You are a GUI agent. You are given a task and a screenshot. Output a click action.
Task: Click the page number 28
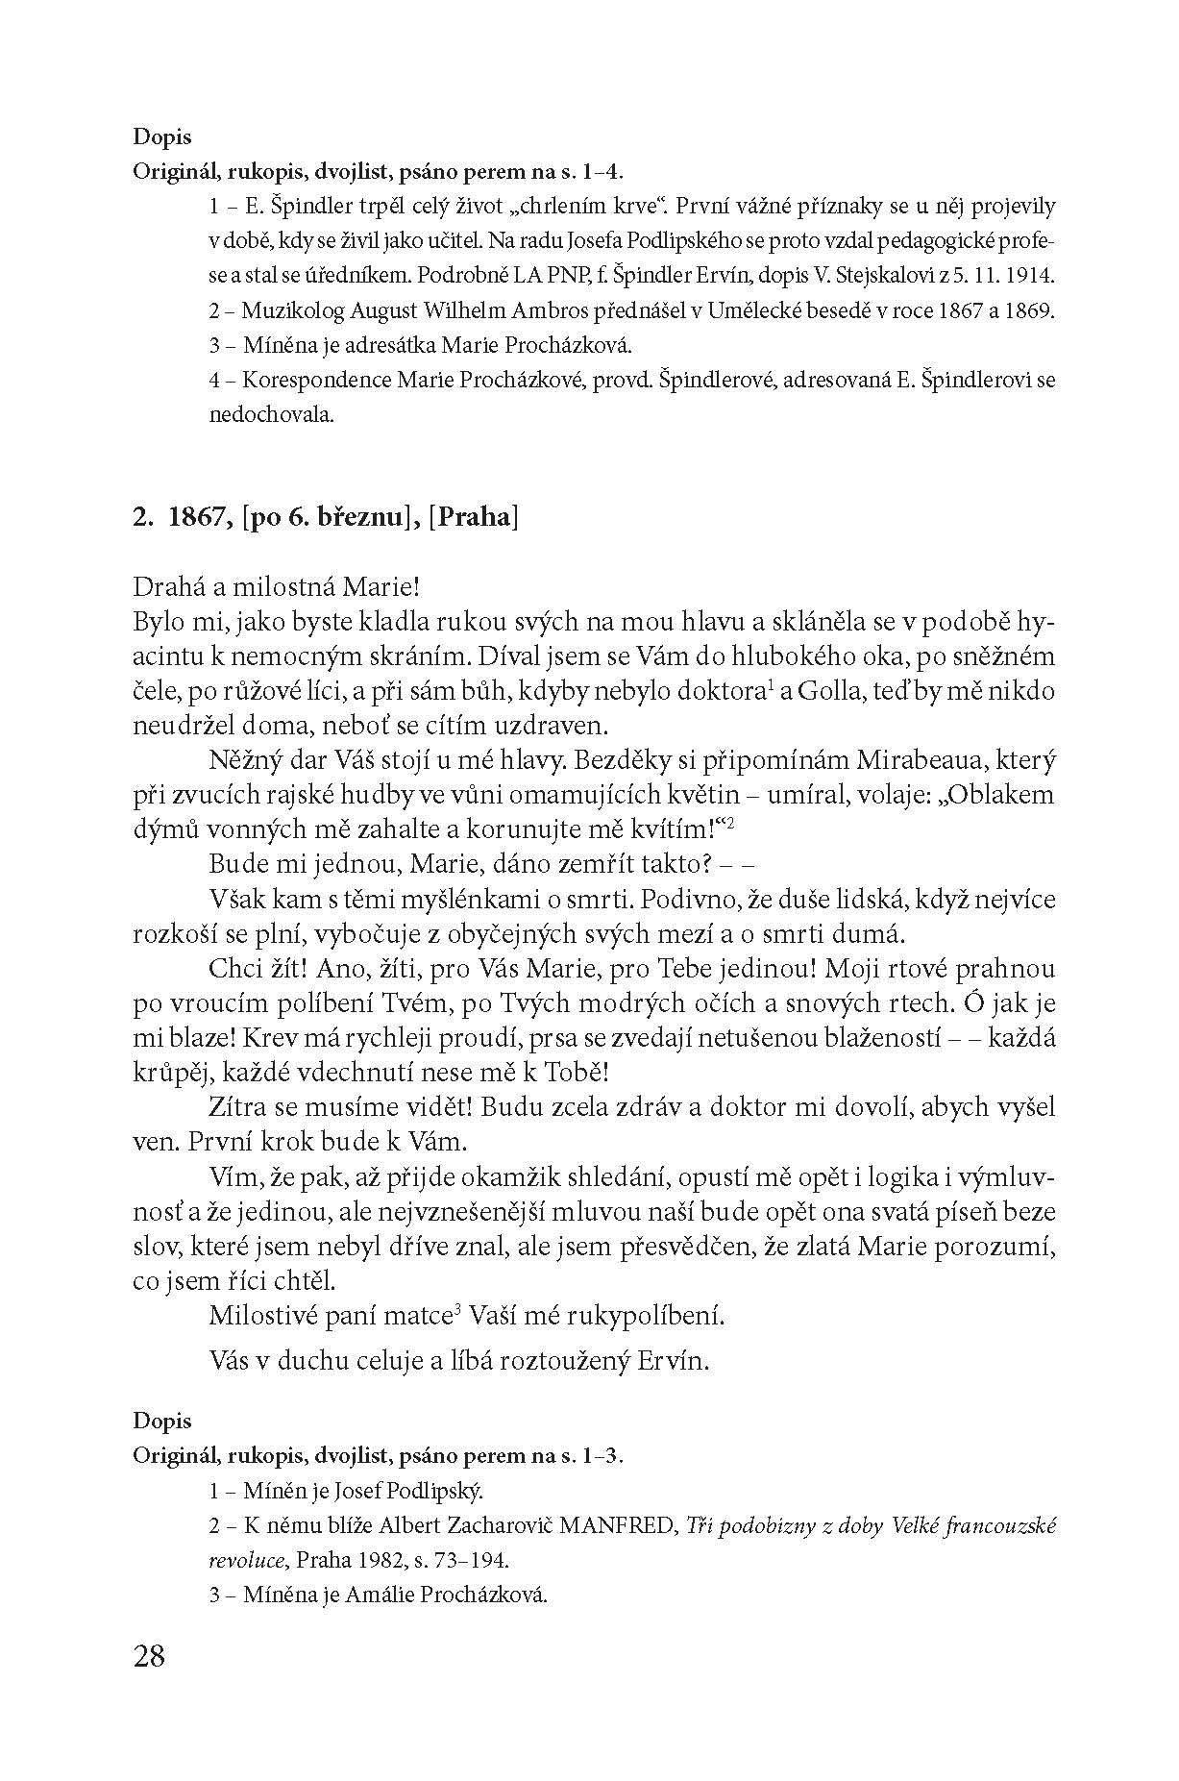point(150,1656)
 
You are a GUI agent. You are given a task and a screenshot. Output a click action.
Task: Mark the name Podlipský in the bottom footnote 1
point(438,1492)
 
